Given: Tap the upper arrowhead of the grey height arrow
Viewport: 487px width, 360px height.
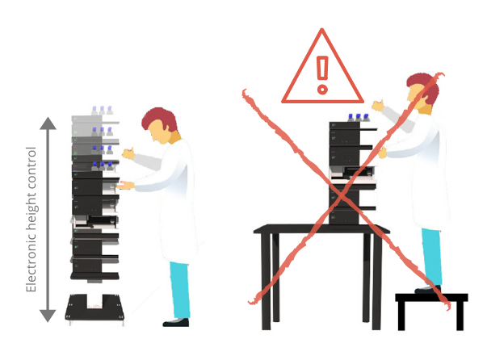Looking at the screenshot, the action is coord(48,123).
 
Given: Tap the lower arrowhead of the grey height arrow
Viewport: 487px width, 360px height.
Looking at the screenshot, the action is coord(48,316).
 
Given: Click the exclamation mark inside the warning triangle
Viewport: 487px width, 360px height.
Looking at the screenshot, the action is coord(322,75).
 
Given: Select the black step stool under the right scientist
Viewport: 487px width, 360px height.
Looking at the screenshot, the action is coord(431,311).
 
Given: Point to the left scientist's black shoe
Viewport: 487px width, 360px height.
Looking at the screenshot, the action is coord(176,322).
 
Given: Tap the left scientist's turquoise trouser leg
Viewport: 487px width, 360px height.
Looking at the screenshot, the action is coord(180,290).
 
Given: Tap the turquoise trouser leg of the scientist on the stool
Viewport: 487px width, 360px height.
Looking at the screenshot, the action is coord(432,257).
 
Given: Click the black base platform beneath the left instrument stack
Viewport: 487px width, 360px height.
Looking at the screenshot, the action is coord(94,308).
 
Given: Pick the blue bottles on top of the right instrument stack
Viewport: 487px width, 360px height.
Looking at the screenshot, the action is coord(359,117).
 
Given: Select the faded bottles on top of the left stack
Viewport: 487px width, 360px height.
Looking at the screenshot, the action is coord(102,111).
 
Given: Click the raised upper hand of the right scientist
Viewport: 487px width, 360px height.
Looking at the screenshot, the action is coord(378,106).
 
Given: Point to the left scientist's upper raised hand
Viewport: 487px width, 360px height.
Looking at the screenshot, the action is coord(128,153).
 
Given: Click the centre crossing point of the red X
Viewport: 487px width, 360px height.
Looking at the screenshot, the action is coord(342,195).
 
